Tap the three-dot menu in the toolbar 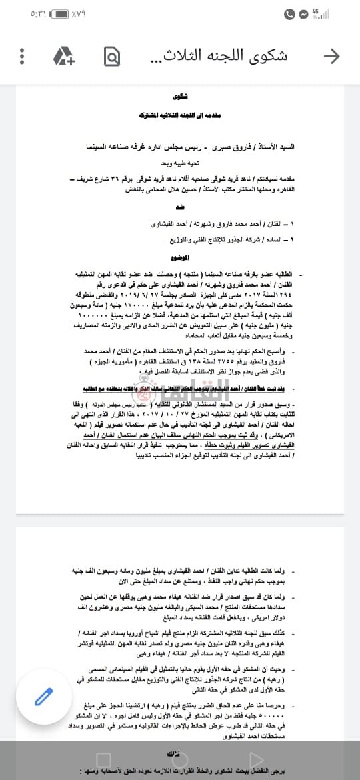[22, 56]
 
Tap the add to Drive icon [63, 56]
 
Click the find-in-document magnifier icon [111, 56]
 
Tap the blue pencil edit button [44, 697]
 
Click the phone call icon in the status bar [289, 13]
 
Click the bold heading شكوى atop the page [180, 96]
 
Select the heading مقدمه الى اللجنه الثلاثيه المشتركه [180, 115]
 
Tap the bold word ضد [180, 207]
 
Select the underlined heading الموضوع [180, 257]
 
